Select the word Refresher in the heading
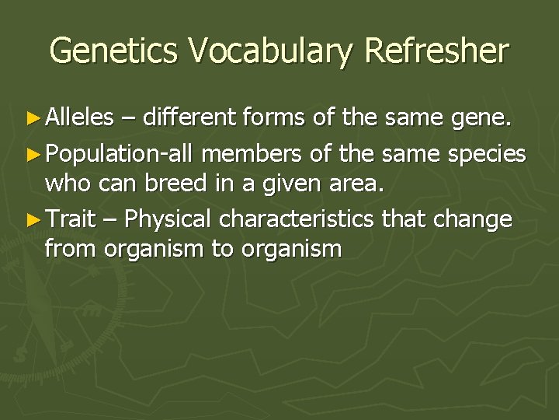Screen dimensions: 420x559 tap(437, 51)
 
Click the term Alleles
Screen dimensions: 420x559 tap(79, 118)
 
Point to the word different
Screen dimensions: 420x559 tap(190, 118)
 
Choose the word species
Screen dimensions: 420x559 tap(488, 154)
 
